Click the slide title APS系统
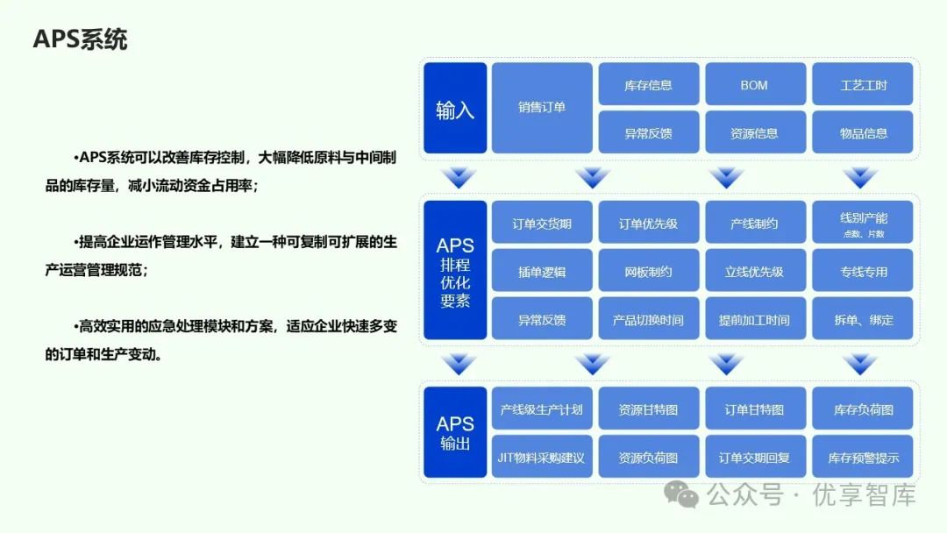point(80,39)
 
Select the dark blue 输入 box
point(455,108)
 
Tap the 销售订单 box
point(542,108)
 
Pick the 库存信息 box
point(649,84)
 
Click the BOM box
point(754,84)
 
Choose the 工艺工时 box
point(863,84)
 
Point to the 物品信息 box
point(863,132)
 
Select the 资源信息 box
point(754,132)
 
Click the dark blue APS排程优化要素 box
point(455,270)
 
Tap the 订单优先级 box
point(649,223)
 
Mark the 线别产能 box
point(863,223)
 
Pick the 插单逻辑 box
point(542,271)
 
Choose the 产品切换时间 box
point(649,319)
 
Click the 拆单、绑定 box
point(863,319)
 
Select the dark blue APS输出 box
point(455,432)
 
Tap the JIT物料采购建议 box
point(542,457)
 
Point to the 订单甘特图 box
point(754,409)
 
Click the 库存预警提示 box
point(863,457)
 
